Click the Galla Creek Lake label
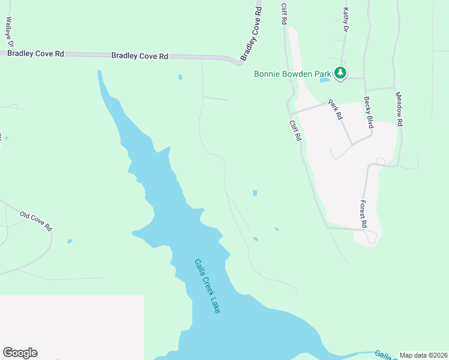[x=207, y=286]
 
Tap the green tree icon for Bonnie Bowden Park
[x=340, y=73]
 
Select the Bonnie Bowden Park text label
[x=292, y=74]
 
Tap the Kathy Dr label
[x=346, y=20]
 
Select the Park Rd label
[x=334, y=110]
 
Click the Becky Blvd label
[x=369, y=112]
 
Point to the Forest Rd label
[x=363, y=214]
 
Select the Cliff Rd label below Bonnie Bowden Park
[x=295, y=130]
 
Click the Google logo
[x=20, y=353]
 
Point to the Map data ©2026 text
[x=423, y=355]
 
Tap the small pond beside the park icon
[x=325, y=79]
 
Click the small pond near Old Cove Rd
[x=70, y=241]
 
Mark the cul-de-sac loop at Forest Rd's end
[x=371, y=236]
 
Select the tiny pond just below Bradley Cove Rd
[x=179, y=77]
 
